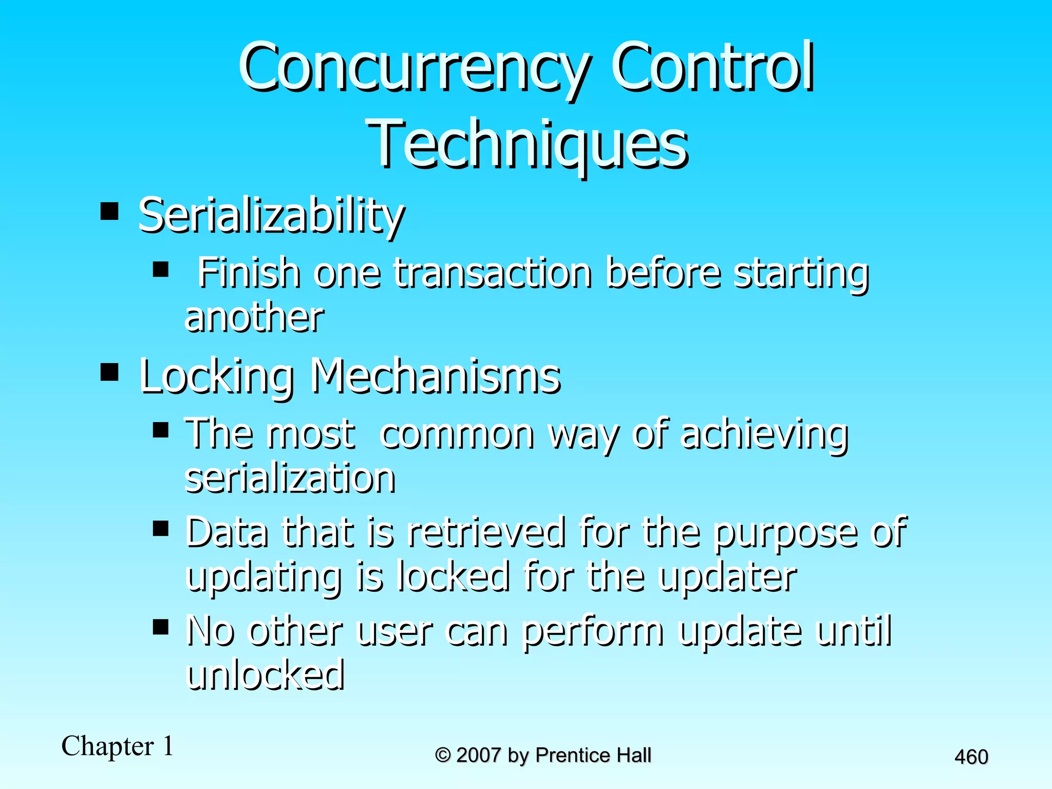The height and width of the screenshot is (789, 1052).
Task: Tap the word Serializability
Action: point(271,216)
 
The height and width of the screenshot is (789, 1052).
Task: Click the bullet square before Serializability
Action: point(109,211)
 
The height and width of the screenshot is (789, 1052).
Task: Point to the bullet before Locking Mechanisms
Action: point(109,371)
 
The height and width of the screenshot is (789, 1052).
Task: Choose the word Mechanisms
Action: point(436,377)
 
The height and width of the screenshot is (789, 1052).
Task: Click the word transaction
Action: point(493,273)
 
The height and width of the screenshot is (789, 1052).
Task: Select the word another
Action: point(254,317)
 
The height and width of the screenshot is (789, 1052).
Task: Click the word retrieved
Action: point(486,533)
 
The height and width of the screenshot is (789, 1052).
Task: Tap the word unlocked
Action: point(265,675)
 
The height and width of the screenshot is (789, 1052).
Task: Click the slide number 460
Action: point(971,757)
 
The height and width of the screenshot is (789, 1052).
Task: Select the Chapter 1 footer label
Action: point(118,746)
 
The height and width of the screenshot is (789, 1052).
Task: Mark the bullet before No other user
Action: point(161,627)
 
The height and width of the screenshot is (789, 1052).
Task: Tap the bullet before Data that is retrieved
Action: point(161,528)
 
